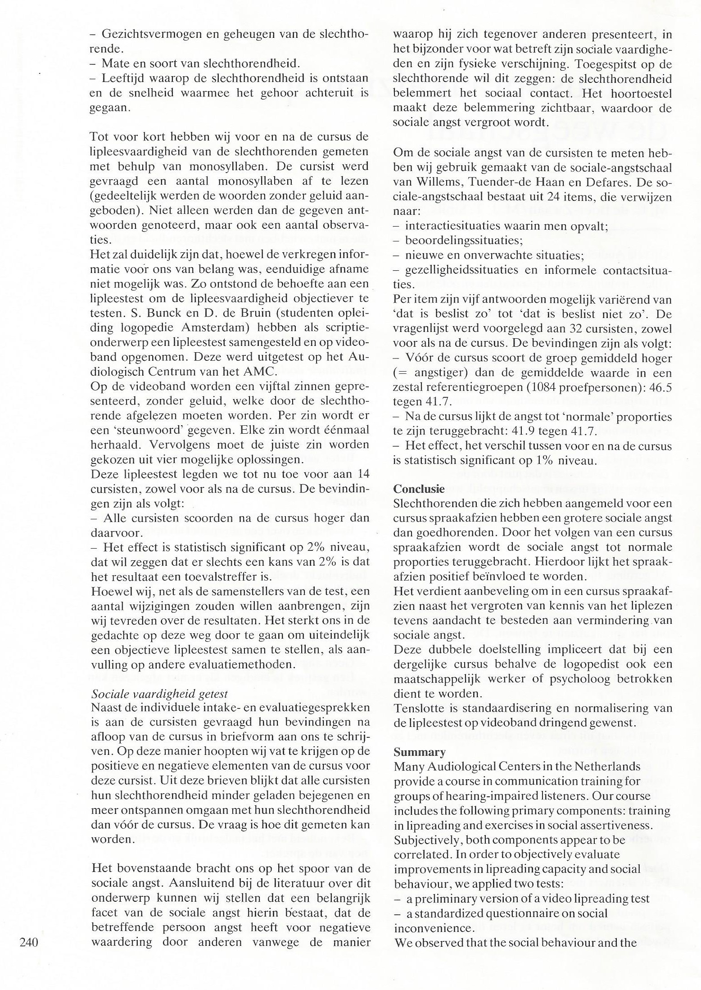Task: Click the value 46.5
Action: [660, 388]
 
